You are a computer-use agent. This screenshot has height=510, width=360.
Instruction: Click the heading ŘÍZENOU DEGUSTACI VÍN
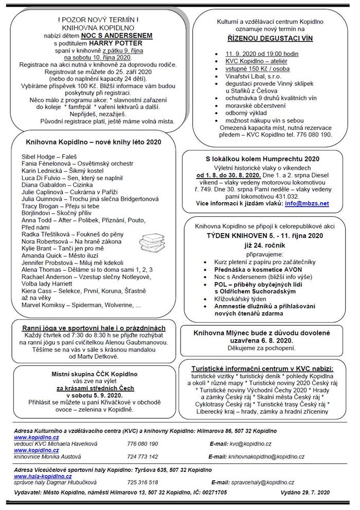click(x=267, y=39)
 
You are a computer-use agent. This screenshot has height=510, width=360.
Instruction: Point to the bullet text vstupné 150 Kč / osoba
click(x=251, y=68)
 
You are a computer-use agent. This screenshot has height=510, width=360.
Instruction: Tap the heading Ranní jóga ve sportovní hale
click(x=94, y=328)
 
